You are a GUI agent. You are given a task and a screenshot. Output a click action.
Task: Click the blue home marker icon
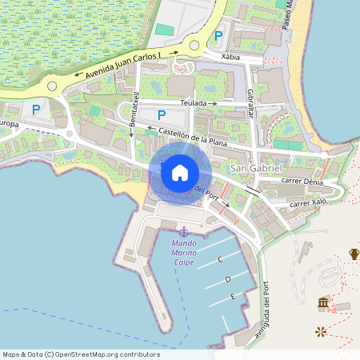180,172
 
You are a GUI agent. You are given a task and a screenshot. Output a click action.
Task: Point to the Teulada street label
194,103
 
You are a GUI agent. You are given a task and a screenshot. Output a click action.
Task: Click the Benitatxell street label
135,110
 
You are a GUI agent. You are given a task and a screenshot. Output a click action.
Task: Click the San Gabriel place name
256,168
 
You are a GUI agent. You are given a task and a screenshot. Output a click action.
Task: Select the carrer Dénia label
302,182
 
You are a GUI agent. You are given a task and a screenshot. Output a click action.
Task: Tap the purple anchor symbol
182,231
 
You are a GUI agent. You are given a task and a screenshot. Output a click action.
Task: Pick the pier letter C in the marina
219,260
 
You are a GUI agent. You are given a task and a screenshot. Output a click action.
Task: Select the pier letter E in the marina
232,296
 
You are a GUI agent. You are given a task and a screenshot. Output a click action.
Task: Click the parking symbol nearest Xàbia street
218,36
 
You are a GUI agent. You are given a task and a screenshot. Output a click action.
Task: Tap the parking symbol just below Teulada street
161,115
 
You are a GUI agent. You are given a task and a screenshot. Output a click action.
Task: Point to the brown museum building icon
323,302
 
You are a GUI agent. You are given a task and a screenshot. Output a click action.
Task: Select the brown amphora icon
354,254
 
